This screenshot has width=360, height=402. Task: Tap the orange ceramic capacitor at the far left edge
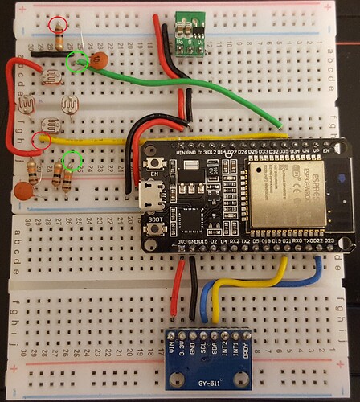(24, 191)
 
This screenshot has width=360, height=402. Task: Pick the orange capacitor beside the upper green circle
(100, 60)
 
